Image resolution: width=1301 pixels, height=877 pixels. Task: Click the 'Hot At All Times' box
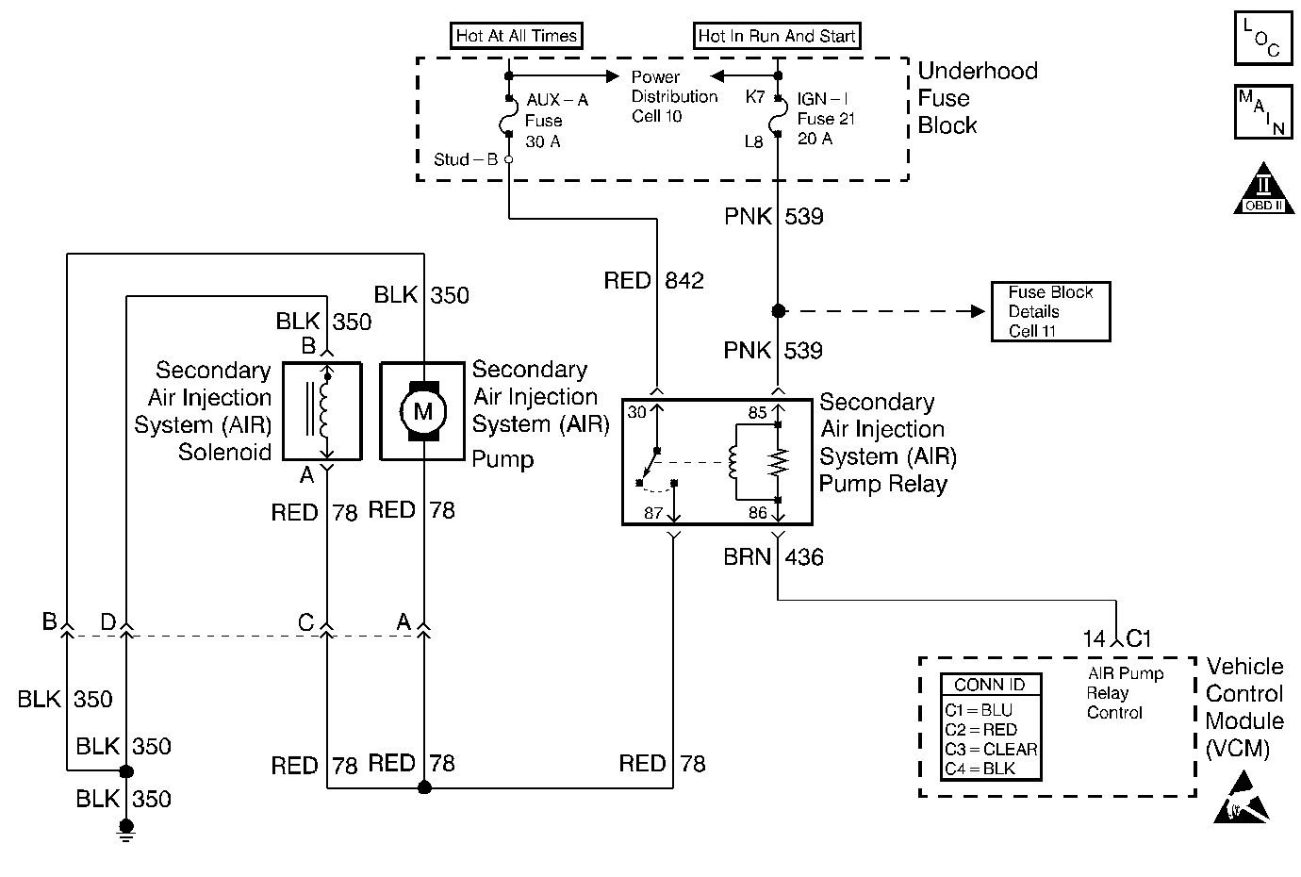(517, 36)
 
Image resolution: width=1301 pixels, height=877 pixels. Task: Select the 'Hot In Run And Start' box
(777, 36)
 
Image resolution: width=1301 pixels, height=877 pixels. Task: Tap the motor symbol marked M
(422, 411)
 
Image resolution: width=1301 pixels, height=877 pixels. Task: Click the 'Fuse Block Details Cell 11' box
(1050, 312)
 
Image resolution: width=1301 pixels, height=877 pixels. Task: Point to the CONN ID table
(991, 727)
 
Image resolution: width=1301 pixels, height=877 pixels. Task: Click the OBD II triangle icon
(1264, 189)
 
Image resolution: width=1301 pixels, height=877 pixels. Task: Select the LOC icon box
(1263, 38)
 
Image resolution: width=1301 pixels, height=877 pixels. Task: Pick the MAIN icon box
(1263, 112)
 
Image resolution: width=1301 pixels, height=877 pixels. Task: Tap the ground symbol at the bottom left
(126, 831)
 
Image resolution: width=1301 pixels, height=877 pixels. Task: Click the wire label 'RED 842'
(654, 281)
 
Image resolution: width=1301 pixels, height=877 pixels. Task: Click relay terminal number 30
(636, 412)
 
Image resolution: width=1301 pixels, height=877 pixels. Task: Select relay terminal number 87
(653, 513)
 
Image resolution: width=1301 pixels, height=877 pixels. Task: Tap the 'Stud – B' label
(466, 159)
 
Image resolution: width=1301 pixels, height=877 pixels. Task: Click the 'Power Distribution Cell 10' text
(674, 96)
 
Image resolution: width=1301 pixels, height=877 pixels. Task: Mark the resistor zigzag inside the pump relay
(779, 462)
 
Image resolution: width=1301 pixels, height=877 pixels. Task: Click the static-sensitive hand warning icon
(1241, 798)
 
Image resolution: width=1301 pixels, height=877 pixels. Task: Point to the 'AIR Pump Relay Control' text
(1126, 693)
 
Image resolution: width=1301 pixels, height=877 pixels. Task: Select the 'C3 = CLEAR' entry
(991, 750)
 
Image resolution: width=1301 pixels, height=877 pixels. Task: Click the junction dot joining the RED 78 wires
(424, 787)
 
